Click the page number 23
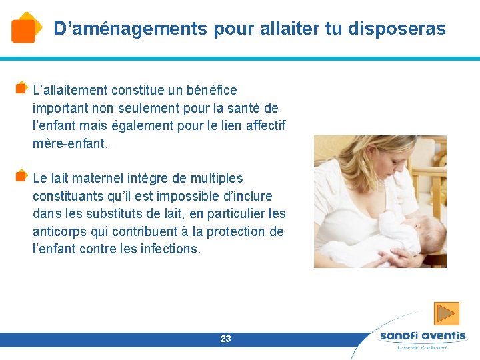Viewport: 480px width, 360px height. tap(225, 339)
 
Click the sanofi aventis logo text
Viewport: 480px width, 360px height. tap(423, 337)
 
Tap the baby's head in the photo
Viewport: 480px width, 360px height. tap(431, 230)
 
